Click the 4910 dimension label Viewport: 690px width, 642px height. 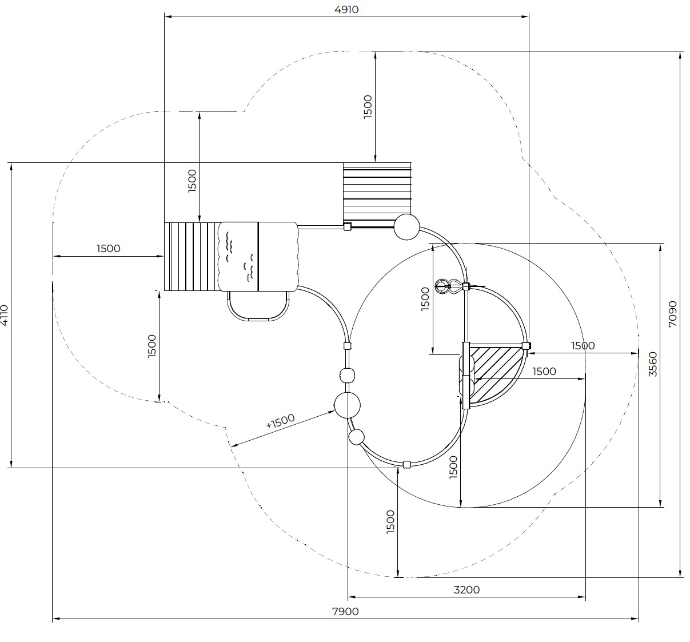coord(346,10)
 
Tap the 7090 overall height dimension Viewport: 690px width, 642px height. coord(673,314)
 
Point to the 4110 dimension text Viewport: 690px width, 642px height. coord(4,315)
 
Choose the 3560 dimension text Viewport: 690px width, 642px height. coord(653,364)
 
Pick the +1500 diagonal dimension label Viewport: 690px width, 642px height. coord(280,421)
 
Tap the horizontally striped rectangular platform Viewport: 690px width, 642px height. coord(377,194)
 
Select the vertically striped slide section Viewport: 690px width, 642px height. coord(192,257)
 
